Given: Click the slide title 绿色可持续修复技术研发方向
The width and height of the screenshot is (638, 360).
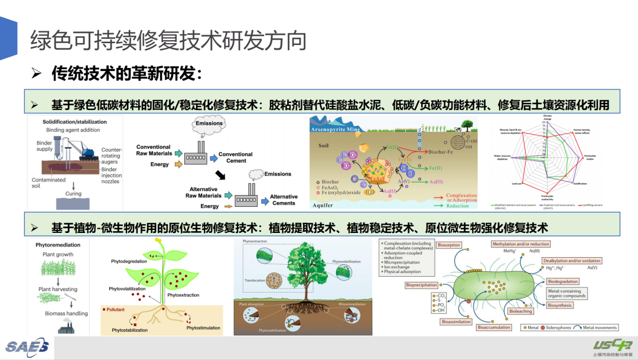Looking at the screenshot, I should click(168, 41).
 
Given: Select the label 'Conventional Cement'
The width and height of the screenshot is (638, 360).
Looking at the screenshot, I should click(235, 157).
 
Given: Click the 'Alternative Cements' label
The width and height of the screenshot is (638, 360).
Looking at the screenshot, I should click(284, 200).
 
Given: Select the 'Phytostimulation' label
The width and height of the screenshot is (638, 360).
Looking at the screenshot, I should click(203, 327).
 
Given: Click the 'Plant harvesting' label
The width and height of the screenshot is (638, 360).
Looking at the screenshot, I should click(58, 289).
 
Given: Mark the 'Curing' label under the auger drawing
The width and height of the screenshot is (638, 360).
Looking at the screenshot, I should click(73, 193).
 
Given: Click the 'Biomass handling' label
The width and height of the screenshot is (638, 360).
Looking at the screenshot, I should click(66, 313).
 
